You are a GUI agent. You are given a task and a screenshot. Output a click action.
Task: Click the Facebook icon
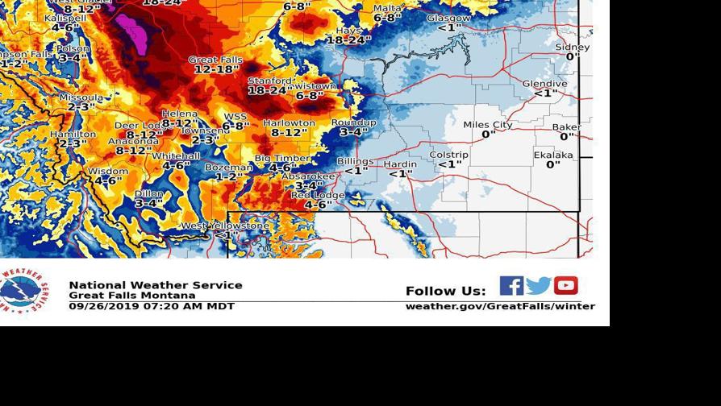tap(511, 286)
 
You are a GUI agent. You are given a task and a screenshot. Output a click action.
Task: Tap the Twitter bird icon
tap(539, 286)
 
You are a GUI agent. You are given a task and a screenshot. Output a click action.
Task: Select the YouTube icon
tap(566, 286)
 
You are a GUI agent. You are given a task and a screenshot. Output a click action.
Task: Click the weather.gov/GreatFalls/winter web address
tap(500, 306)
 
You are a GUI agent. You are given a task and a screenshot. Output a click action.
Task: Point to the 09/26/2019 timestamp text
tap(152, 306)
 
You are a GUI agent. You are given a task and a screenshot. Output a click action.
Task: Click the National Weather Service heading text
tap(156, 285)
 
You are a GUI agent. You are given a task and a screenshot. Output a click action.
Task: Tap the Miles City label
tap(488, 125)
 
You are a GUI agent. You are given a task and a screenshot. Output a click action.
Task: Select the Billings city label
tap(356, 161)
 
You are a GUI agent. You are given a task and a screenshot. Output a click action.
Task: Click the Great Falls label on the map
tap(215, 60)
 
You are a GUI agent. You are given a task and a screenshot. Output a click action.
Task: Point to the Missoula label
tap(81, 97)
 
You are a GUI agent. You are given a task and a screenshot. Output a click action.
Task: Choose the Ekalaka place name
tap(553, 155)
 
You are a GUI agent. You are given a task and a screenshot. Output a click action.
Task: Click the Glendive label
tap(545, 84)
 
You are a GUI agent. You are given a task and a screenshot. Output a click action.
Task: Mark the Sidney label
tap(573, 48)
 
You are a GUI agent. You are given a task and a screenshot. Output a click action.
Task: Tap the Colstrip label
tap(449, 155)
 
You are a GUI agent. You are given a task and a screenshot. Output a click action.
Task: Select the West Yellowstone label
tap(225, 226)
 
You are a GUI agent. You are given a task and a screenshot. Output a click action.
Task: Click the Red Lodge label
tap(318, 196)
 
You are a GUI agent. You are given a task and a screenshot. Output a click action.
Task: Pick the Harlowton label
tap(289, 123)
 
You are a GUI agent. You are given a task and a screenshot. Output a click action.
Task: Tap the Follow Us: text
tap(445, 292)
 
